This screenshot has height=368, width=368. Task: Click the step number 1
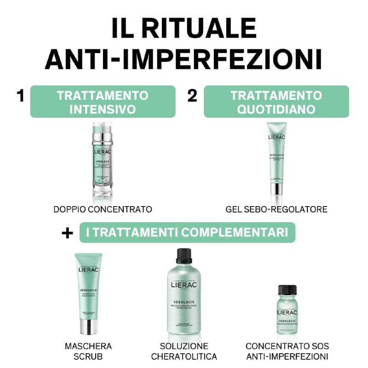(x=20, y=96)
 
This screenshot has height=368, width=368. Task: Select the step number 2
(x=192, y=96)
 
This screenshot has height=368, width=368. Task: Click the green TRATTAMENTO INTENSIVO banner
(x=103, y=102)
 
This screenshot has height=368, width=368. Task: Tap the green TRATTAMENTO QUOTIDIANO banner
(x=276, y=102)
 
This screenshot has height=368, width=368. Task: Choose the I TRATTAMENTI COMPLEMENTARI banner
(x=187, y=232)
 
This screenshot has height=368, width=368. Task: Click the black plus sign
(x=67, y=233)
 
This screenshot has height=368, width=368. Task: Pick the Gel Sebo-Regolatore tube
(x=276, y=156)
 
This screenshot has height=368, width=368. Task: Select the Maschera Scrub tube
(x=88, y=290)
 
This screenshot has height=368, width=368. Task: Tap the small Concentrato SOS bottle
(x=287, y=310)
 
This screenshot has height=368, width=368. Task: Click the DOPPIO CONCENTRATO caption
(x=103, y=209)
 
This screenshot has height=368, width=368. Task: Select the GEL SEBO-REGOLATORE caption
(x=276, y=209)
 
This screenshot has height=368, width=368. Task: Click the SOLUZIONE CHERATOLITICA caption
(x=184, y=351)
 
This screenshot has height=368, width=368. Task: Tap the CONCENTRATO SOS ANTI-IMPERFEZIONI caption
(x=287, y=351)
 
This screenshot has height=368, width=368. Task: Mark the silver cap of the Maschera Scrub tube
(x=88, y=326)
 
